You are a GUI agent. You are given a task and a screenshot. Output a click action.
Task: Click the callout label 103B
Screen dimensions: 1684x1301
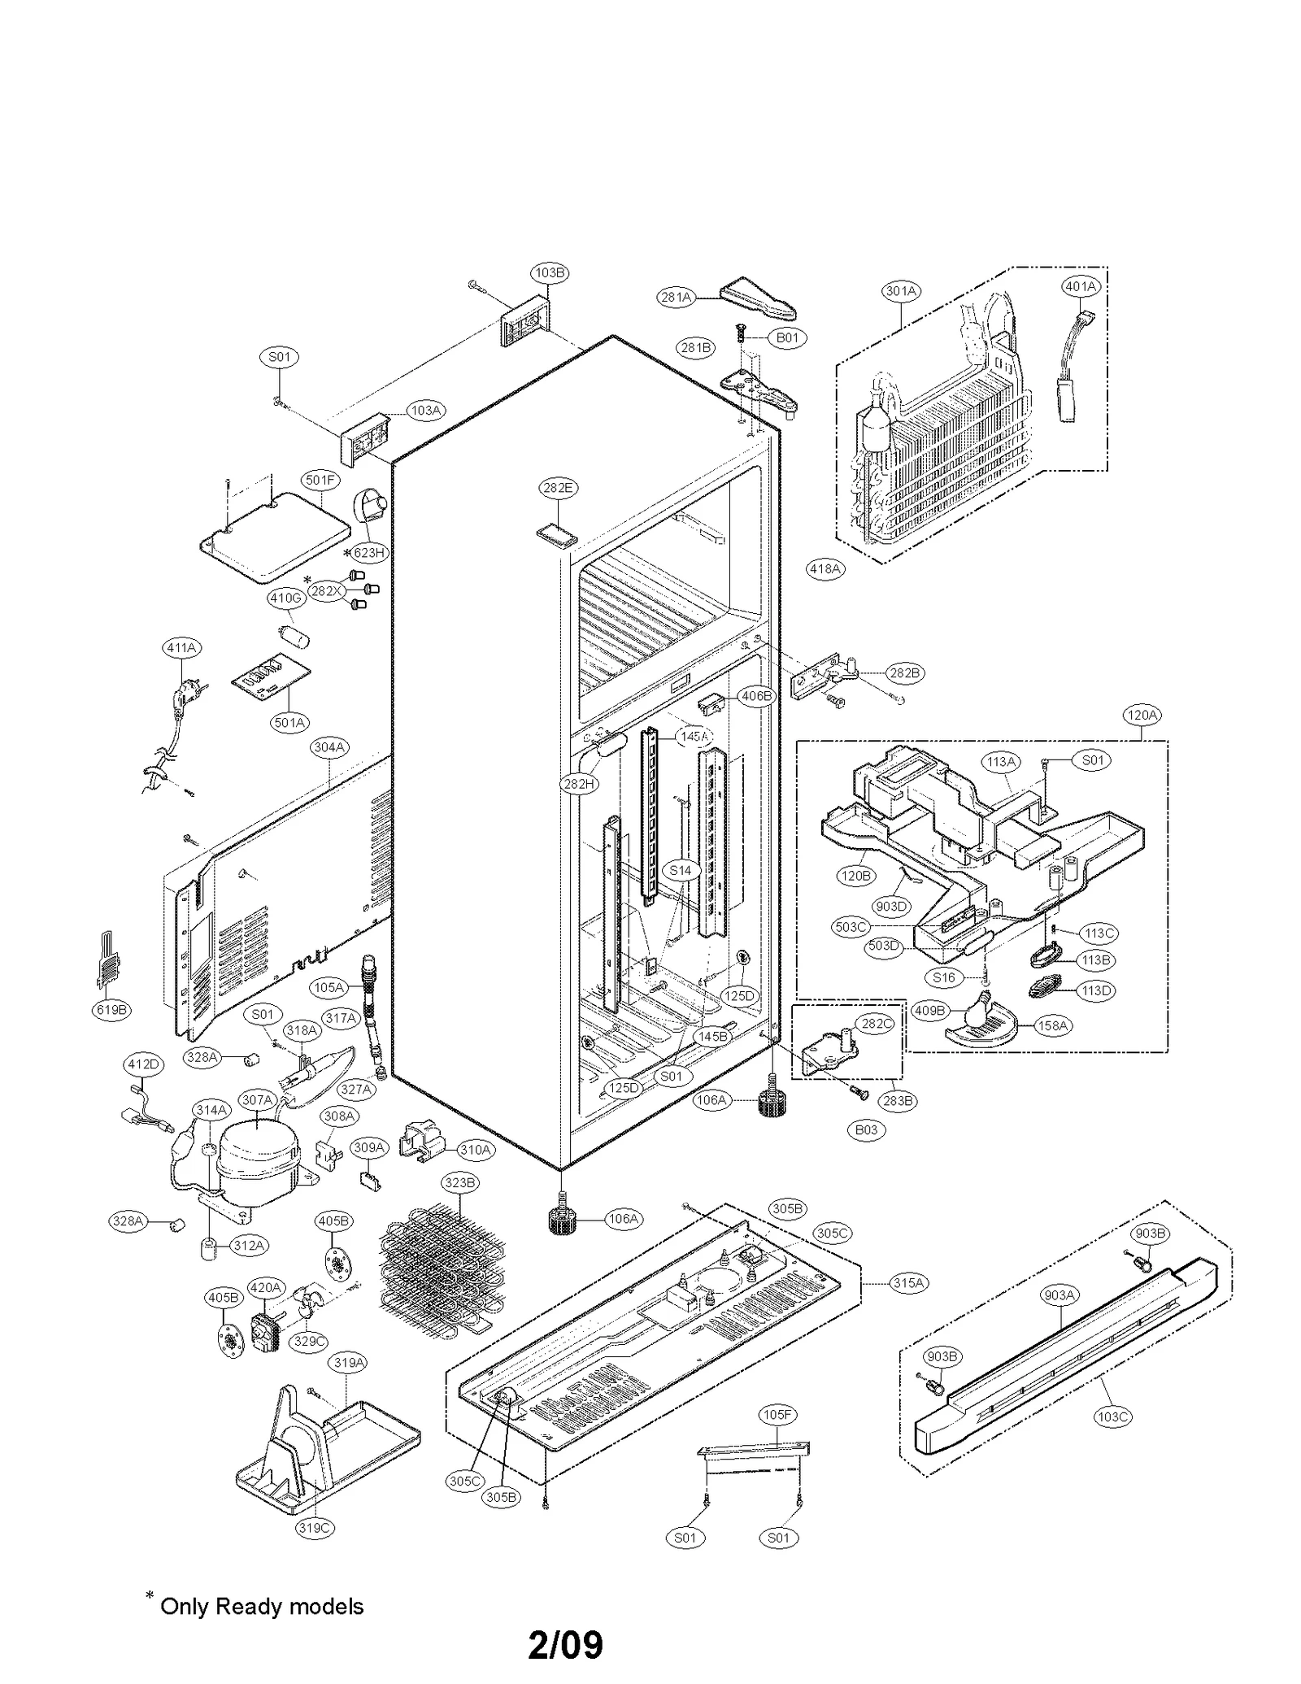coord(549,272)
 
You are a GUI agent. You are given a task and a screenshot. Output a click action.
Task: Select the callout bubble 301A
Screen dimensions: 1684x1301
coord(901,291)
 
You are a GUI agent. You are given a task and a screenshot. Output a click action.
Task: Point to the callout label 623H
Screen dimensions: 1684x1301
coord(368,553)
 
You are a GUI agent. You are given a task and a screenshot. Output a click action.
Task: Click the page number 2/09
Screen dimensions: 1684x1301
coord(565,1644)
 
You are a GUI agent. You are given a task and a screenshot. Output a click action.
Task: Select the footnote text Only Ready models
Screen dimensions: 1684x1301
coord(262,1606)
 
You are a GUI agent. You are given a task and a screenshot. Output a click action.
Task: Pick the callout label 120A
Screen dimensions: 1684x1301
coord(1141,715)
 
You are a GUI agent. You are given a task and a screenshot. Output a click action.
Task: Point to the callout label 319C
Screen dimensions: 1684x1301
coord(314,1528)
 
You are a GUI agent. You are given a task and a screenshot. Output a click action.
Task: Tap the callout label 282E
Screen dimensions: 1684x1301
coord(558,488)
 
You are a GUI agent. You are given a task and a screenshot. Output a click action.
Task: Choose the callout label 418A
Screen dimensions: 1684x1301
coord(825,569)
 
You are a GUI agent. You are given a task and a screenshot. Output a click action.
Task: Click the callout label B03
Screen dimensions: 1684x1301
coord(866,1129)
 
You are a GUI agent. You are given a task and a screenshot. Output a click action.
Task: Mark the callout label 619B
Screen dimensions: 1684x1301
coord(111,1010)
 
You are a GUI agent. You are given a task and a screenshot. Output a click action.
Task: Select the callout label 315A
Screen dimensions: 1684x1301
coord(908,1282)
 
